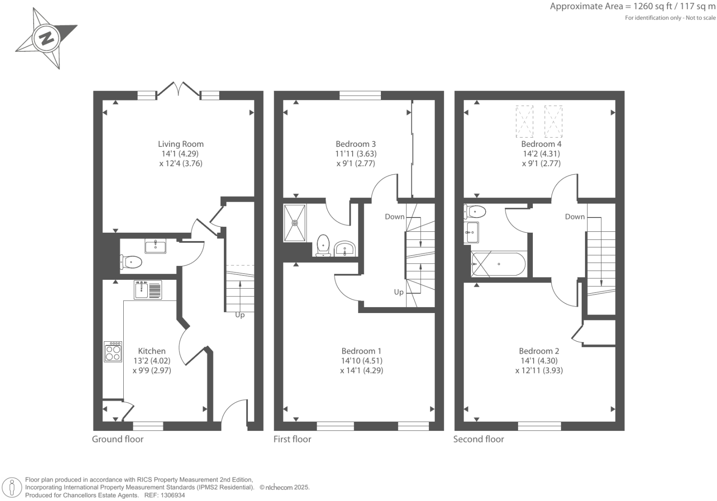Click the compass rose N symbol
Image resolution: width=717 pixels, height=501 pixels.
[46, 38]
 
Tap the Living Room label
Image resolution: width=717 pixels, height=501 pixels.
[181, 144]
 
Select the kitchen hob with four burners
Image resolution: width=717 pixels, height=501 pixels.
[113, 352]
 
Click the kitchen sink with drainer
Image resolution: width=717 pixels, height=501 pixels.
[148, 290]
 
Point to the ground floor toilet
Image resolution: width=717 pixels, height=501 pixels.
[131, 262]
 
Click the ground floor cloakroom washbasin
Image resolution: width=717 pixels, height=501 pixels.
[156, 246]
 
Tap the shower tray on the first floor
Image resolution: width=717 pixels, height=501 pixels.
[295, 223]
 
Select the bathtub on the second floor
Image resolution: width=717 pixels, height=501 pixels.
[498, 264]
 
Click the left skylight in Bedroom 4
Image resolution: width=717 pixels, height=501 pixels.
[524, 121]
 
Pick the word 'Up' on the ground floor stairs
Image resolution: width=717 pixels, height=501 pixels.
[240, 315]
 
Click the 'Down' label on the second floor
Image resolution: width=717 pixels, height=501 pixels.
[575, 217]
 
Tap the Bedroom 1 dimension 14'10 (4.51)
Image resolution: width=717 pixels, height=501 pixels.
[362, 361]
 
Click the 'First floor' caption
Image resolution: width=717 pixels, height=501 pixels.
[292, 439]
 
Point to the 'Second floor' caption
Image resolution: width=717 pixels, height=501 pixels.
[478, 439]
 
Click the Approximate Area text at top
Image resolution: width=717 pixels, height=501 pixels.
[633, 6]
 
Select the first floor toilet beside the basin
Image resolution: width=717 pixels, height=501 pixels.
[323, 245]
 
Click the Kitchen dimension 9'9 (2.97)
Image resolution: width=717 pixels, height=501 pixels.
[152, 370]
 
